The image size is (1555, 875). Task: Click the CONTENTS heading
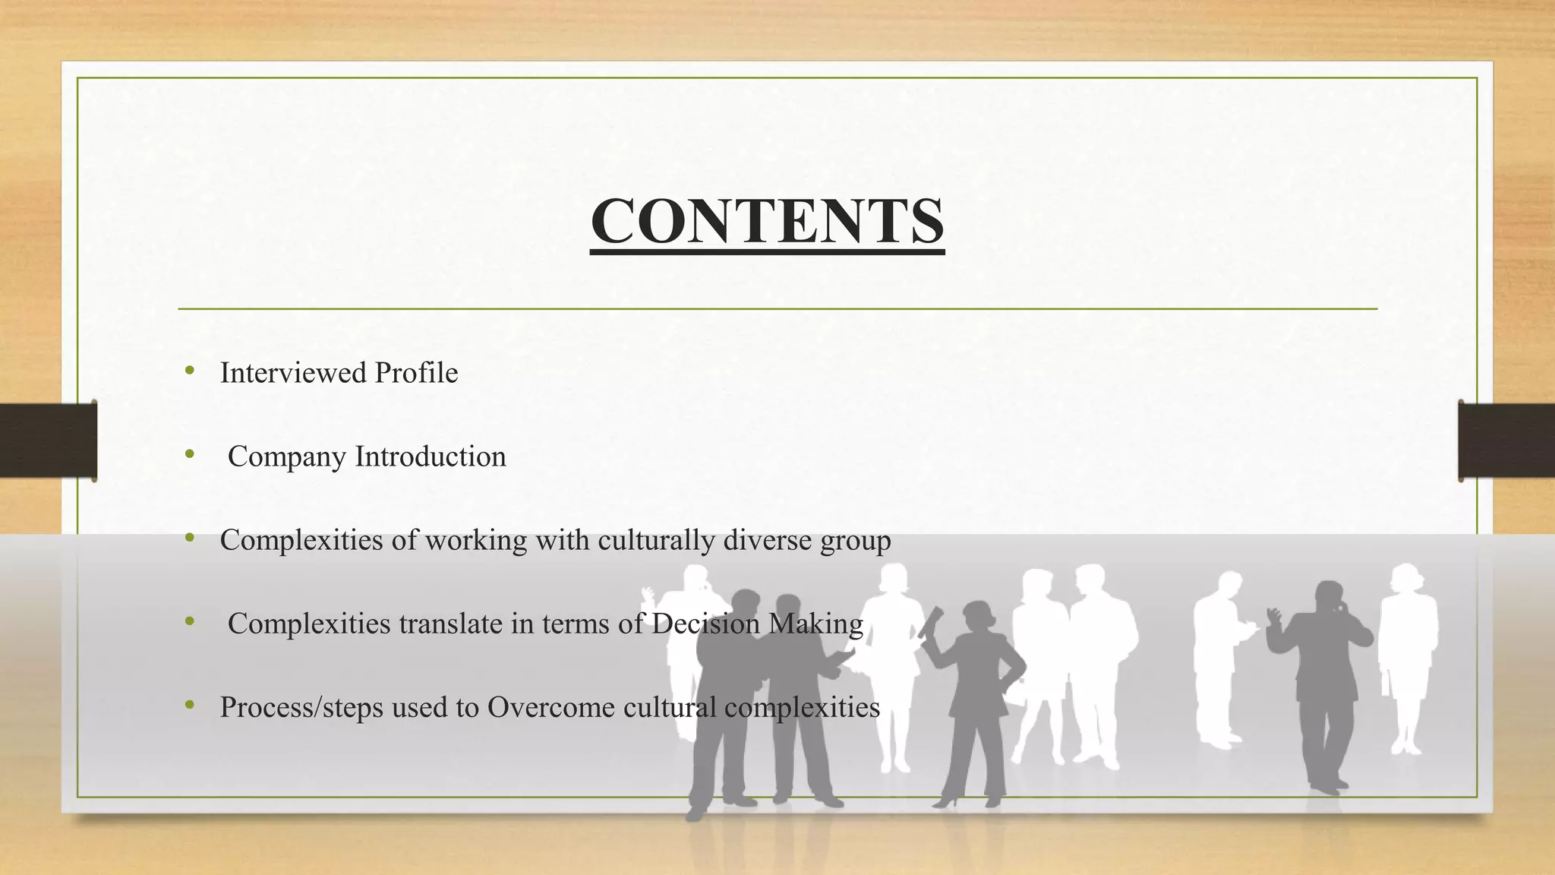point(767,221)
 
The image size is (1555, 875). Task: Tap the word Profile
point(416,373)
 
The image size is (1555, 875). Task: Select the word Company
point(287,457)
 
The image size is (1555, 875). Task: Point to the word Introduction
point(431,456)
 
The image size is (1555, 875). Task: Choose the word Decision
point(705,624)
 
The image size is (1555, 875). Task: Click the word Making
point(815,624)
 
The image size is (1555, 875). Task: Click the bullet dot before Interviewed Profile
point(189,371)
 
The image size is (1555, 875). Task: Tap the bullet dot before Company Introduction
point(189,455)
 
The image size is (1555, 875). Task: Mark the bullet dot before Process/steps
point(189,706)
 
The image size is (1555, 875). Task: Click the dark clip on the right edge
point(1506,441)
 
